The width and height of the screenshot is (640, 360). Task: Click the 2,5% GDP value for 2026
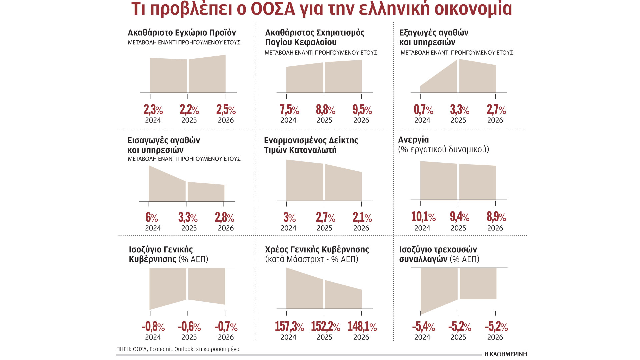point(226,110)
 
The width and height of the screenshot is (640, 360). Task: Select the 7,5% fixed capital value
point(289,110)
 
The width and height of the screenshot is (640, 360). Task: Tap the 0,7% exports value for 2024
point(423,110)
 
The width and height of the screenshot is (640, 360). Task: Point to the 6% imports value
point(151,218)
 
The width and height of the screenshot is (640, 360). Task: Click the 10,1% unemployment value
point(423,217)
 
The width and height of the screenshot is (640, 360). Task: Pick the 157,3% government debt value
point(289,327)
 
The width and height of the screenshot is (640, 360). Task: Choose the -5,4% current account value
point(423,327)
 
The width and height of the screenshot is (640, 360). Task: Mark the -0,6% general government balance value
point(189,327)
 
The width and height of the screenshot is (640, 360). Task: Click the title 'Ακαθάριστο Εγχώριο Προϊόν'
point(182,33)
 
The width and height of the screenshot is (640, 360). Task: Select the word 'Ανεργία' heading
point(413,140)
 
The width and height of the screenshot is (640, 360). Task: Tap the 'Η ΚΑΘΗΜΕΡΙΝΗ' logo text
point(505,354)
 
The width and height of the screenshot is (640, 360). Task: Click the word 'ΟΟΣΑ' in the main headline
point(273,9)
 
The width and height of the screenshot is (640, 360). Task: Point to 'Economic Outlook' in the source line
point(171,349)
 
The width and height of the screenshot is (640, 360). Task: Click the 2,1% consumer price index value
point(362,218)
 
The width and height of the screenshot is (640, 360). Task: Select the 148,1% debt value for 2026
point(362,327)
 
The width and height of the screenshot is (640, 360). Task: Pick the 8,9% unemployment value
point(496,217)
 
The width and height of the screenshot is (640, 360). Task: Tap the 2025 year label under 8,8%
point(324,120)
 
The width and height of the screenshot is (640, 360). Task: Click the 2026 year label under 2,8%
point(226,228)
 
